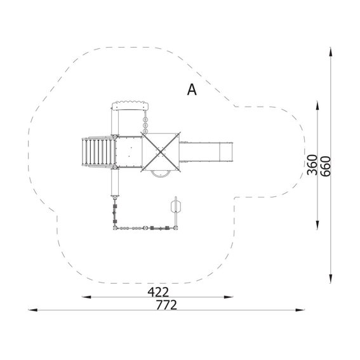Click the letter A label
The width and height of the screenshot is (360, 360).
coord(192,90)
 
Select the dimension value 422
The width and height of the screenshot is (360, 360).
coord(158,292)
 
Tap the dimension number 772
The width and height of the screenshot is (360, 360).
coord(166,305)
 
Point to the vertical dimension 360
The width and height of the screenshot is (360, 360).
coord(312,165)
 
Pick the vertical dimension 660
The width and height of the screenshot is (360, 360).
coord(326,166)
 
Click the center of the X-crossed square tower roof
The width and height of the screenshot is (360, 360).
coord(161,152)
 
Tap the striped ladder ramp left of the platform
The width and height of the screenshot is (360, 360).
coord(98,152)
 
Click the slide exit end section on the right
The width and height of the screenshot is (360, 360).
coord(226,152)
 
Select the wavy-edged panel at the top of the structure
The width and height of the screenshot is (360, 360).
coord(130,105)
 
